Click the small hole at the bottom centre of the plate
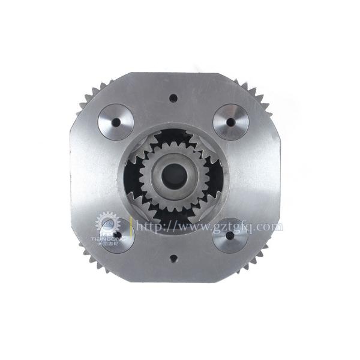coord(173,259)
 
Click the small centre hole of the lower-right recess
coord(230,236)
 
